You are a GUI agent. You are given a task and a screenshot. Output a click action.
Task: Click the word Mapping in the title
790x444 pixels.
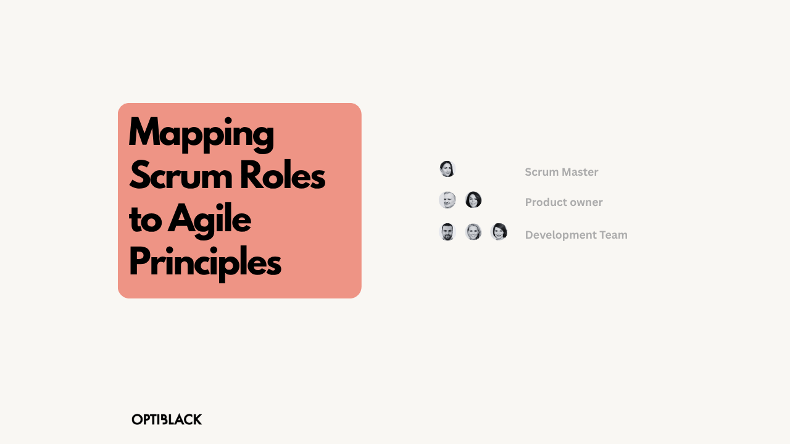tap(201, 133)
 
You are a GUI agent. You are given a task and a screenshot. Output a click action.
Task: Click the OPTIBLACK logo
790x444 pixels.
tap(167, 419)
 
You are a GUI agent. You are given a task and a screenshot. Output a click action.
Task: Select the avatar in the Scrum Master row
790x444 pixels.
tap(447, 169)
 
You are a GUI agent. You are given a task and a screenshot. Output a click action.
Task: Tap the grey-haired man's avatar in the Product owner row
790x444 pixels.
tap(447, 200)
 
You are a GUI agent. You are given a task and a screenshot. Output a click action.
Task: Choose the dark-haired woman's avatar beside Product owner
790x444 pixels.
tap(473, 200)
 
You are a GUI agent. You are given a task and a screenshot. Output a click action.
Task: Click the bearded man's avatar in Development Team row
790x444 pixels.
tap(447, 232)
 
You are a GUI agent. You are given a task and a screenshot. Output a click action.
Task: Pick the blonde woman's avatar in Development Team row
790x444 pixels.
tap(473, 232)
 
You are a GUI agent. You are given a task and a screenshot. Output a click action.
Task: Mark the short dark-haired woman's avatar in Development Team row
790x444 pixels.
tap(499, 232)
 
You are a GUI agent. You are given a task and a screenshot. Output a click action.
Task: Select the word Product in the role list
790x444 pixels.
tap(545, 202)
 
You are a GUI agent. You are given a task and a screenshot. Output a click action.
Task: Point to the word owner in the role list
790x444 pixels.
tap(586, 202)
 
